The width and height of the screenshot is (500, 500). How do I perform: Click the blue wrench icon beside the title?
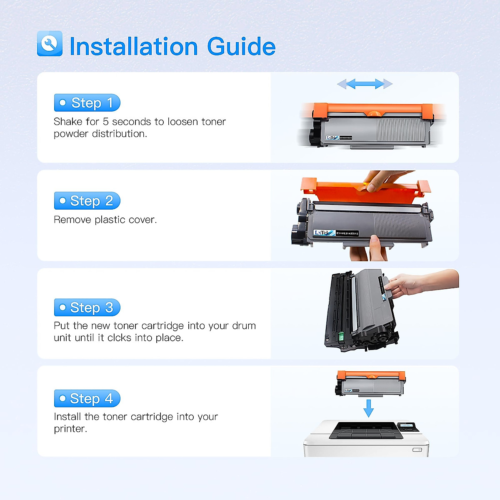point(50,43)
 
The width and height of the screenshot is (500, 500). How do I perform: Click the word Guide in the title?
point(241,46)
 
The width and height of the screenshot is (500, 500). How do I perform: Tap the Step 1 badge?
point(87,103)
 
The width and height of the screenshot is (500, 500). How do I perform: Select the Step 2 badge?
point(87,201)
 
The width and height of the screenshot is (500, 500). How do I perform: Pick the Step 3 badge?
point(87,307)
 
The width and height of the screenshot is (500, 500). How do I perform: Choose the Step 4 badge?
point(87,399)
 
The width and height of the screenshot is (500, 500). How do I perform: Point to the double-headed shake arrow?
point(365,84)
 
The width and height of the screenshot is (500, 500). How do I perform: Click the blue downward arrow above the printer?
point(368,408)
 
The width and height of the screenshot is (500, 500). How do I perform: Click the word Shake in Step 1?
point(67,122)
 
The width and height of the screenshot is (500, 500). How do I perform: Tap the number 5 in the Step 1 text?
point(106,122)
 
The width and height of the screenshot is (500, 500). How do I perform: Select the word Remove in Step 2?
point(72,220)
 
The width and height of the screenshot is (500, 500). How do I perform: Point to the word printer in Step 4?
point(70,429)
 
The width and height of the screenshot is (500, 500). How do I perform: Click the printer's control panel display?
point(408,426)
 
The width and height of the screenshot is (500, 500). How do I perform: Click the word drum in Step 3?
point(244,325)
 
